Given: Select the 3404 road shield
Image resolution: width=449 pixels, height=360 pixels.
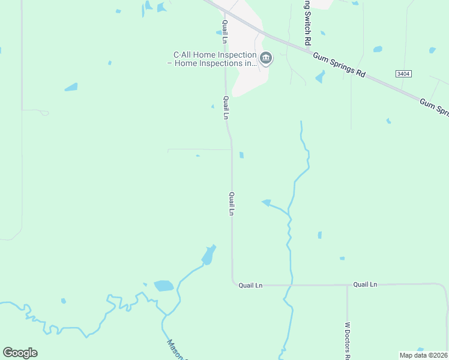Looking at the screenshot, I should (404, 73).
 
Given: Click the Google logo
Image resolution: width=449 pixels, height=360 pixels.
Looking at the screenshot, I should (20, 353).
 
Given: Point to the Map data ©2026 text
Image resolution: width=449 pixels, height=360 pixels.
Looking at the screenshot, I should (423, 355).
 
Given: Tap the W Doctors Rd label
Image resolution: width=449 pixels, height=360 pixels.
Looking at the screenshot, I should (347, 339).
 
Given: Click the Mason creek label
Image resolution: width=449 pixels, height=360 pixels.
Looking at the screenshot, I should (177, 351).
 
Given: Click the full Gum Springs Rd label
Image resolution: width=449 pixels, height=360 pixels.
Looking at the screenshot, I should (339, 64).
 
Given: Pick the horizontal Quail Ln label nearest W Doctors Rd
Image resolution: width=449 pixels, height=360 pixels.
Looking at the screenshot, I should (365, 284).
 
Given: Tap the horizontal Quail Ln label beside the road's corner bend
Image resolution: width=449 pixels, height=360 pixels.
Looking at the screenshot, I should (250, 286).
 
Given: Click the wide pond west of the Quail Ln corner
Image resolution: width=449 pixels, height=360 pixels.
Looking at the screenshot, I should (163, 286).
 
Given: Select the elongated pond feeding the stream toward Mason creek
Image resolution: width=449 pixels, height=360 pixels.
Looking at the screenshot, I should (208, 255).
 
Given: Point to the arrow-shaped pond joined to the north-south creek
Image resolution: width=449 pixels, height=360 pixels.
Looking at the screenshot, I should (267, 203).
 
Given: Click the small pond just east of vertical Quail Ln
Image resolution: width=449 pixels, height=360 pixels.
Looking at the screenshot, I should (241, 155).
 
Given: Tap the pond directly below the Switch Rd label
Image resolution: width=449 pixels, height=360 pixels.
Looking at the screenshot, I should (320, 77).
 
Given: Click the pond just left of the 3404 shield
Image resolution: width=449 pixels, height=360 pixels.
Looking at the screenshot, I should (378, 49).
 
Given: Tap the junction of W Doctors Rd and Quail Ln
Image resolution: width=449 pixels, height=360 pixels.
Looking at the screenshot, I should (347, 285).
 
